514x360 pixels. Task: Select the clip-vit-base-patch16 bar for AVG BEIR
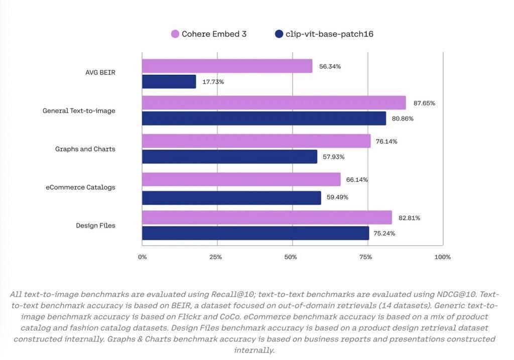[169, 81]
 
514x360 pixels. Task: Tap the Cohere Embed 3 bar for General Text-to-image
[274, 103]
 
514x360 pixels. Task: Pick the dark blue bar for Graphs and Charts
[229, 157]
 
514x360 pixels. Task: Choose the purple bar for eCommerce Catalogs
[241, 179]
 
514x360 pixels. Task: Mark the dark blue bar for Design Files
[255, 233]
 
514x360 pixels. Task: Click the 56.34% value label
[330, 66]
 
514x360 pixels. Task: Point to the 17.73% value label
[213, 82]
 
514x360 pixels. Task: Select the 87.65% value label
[424, 103]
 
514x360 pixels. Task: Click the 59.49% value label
[337, 197]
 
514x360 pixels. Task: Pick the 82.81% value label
[409, 218]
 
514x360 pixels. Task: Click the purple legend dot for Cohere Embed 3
[175, 34]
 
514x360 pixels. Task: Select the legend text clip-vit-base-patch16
[329, 34]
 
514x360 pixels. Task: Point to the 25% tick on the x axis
[215, 257]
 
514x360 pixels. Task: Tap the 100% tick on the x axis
[442, 257]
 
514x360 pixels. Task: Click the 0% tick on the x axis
[143, 257]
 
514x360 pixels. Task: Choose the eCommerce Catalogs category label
[80, 187]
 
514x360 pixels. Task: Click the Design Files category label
[95, 225]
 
